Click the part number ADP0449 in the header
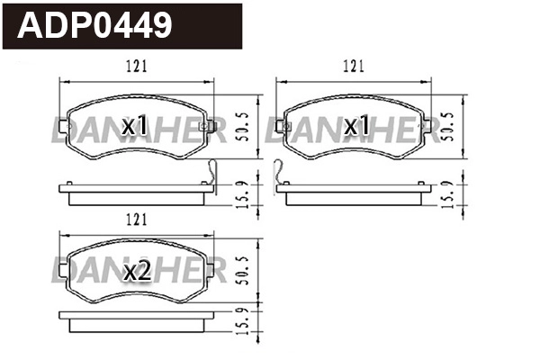tap(94, 25)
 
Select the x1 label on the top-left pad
tap(134, 126)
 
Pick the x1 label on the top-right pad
tap(356, 126)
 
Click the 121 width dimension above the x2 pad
tap(135, 219)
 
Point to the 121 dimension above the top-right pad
tap(354, 66)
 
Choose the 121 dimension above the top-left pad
tap(135, 66)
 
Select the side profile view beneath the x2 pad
tap(135, 319)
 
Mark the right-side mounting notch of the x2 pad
tap(211, 270)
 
